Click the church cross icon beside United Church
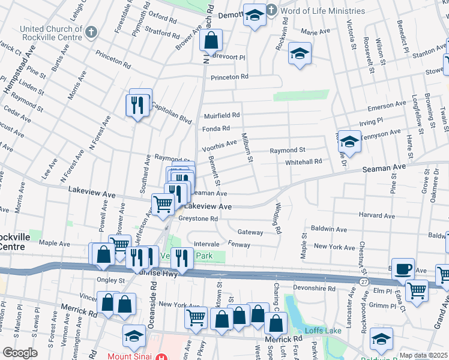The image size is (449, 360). [x=91, y=32]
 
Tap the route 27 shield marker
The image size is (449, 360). [x=364, y=281]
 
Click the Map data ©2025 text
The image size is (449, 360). [x=423, y=355]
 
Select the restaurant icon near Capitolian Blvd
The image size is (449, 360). [x=137, y=105]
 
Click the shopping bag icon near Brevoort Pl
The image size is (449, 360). [x=211, y=42]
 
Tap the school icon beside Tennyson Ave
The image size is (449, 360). [x=349, y=142]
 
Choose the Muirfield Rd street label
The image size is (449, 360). [x=221, y=115]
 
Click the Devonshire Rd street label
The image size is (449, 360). [x=318, y=289]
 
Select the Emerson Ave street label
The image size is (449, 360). [x=387, y=106]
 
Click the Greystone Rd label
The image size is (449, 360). [x=197, y=219]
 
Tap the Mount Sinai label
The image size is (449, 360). [x=131, y=355]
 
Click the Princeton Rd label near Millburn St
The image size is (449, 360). [x=229, y=77]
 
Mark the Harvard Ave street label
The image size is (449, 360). [x=378, y=214]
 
